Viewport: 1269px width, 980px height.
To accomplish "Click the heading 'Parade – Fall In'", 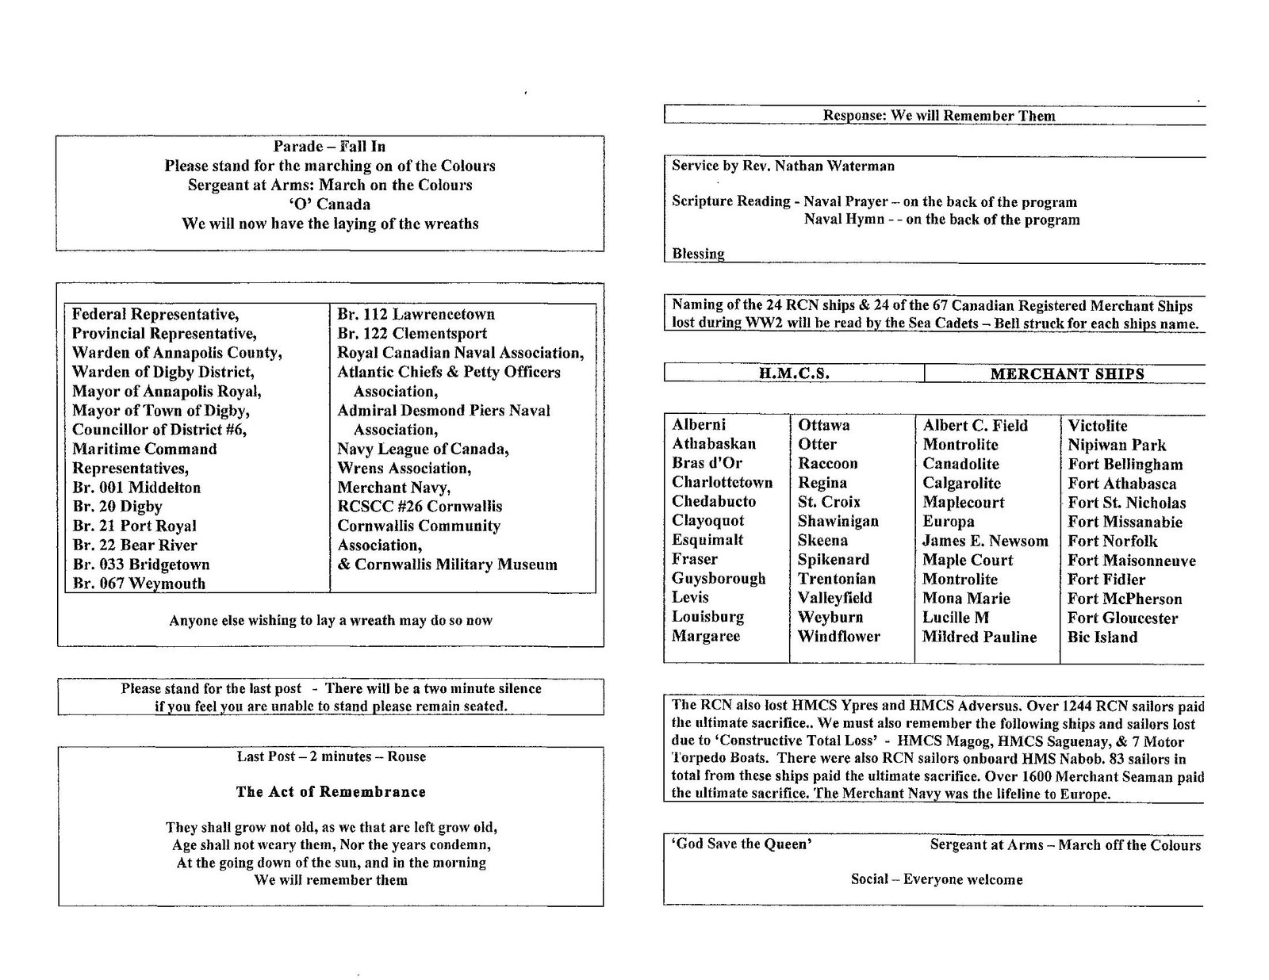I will click(x=329, y=147).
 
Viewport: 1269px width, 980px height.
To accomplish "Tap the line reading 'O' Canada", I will click(x=329, y=205).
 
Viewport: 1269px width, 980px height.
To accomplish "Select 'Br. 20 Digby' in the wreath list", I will click(x=117, y=507).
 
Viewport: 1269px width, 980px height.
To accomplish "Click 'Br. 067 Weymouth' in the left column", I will click(x=139, y=584).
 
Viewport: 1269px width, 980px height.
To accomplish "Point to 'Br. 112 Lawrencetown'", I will click(x=416, y=315).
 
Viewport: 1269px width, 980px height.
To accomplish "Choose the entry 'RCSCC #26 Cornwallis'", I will click(x=420, y=507).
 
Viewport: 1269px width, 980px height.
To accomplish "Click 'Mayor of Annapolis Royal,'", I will click(x=167, y=391).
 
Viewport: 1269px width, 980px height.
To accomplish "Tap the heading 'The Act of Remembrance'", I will click(x=330, y=792).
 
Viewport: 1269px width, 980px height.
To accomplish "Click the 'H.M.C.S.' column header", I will click(x=794, y=374).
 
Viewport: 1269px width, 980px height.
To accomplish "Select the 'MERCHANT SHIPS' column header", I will click(x=1067, y=374).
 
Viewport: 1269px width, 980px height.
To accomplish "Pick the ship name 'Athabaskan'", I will click(x=714, y=444).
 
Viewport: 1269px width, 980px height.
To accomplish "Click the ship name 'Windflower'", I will click(x=838, y=637).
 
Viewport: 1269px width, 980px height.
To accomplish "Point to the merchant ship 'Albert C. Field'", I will click(x=975, y=426).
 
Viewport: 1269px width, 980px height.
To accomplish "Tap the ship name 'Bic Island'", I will click(x=1102, y=637).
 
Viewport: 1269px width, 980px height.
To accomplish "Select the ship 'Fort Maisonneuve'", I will click(x=1131, y=561).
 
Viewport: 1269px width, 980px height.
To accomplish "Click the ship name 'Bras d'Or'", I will click(x=707, y=463).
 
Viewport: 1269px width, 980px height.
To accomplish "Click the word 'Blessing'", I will click(x=698, y=255).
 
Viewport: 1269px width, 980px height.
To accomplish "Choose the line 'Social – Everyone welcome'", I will click(x=937, y=879).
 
